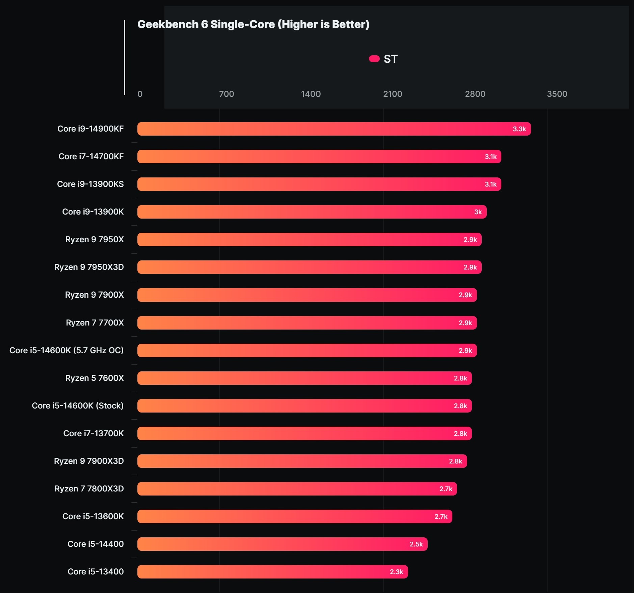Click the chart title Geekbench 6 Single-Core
[253, 24]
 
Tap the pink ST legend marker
[374, 59]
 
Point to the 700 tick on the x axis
[226, 94]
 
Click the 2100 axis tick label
[392, 94]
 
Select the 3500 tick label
[557, 94]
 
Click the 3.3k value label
[519, 129]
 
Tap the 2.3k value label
[396, 572]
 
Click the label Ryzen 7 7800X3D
[89, 489]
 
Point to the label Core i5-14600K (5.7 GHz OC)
[67, 350]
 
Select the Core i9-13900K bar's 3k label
[478, 212]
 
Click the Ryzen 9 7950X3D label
[89, 267]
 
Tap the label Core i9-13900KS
[90, 184]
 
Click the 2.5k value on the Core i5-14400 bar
[416, 544]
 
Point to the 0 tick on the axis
[140, 94]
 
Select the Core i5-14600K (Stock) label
[78, 406]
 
